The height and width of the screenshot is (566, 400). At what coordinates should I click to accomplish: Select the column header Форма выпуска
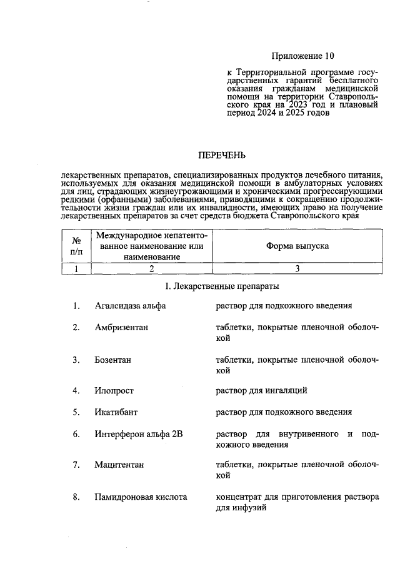coord(297,246)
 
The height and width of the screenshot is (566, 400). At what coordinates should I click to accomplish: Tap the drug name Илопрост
coord(114,391)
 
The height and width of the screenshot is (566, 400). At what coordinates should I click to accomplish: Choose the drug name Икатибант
coord(116,412)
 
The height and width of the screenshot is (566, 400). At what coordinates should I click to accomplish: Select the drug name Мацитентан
coord(120,465)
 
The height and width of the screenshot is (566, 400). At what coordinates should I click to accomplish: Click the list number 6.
coord(76,434)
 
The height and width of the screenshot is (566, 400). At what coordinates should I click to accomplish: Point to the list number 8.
coord(76,498)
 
